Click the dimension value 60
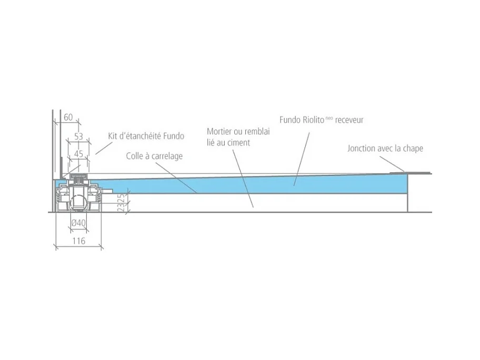68,117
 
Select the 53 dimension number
78,136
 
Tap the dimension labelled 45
78,154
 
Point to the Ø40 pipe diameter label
78,223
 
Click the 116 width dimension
78,241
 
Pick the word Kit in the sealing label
113,136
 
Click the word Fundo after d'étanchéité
174,136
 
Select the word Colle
135,156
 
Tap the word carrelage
167,156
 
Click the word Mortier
219,132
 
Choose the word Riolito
314,119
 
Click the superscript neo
329,117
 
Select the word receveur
349,120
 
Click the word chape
413,149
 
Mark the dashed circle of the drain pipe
78,203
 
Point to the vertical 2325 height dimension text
122,202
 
